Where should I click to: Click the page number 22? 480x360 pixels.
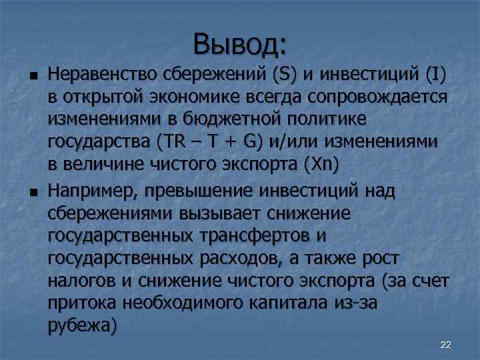pos(446,344)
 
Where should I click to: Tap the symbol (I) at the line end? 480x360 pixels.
pos(433,72)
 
